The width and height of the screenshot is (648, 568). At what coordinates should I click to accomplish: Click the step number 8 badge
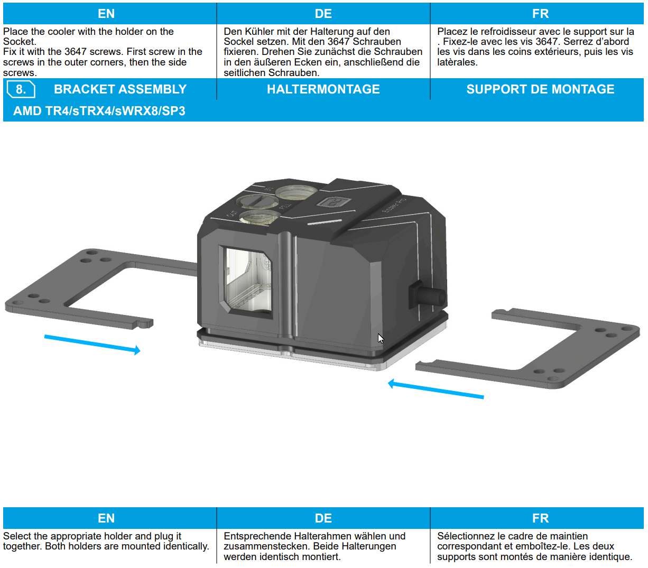point(21,89)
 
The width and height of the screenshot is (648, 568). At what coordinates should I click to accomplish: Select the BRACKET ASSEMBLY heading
point(120,89)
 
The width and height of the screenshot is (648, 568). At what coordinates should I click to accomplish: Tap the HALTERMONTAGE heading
point(323,89)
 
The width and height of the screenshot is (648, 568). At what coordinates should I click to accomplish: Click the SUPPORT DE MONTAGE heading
point(540,89)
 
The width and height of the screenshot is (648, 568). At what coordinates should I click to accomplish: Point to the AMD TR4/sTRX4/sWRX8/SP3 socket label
point(99,111)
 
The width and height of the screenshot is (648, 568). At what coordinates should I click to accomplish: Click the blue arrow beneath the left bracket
point(92,343)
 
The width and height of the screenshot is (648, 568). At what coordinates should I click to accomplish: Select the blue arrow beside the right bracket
point(436,389)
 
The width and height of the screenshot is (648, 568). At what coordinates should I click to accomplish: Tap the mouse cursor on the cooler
point(381,338)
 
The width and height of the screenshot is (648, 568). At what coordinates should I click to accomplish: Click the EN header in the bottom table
point(106,518)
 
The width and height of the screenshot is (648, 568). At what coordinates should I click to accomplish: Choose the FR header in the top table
point(540,14)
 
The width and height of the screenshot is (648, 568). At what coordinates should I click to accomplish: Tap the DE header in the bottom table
point(323,518)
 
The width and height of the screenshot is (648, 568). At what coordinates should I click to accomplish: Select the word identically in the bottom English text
point(186,546)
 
